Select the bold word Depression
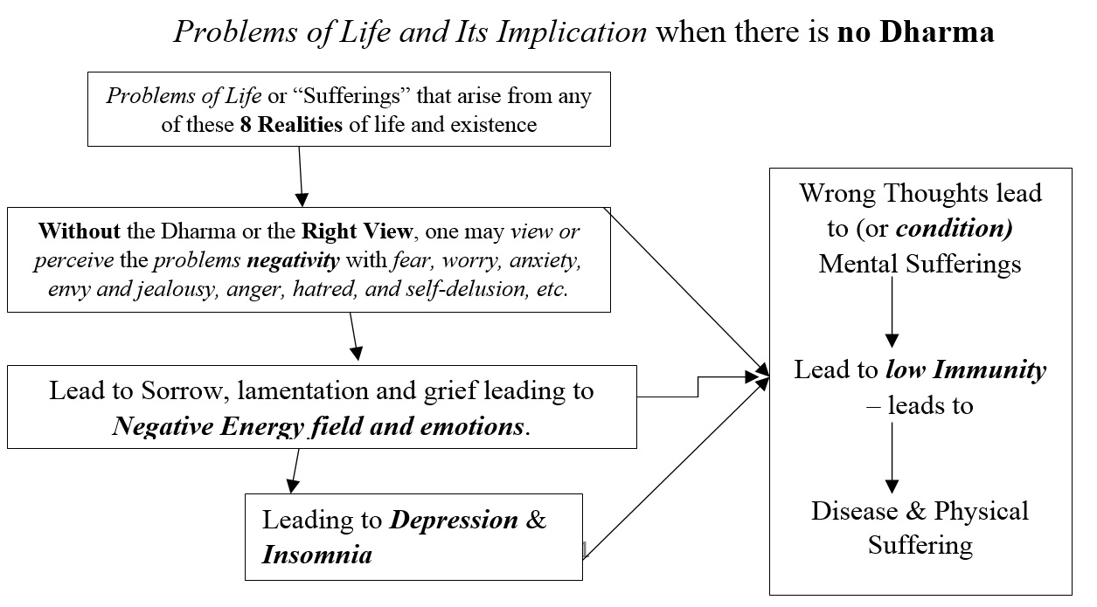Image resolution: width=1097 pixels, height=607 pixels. pyautogui.click(x=454, y=520)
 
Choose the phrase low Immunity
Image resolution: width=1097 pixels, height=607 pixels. pyautogui.click(x=965, y=369)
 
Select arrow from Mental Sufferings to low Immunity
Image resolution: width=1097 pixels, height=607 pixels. pyautogui.click(x=892, y=311)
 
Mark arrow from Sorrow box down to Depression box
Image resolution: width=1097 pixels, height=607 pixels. pyautogui.click(x=295, y=470)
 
